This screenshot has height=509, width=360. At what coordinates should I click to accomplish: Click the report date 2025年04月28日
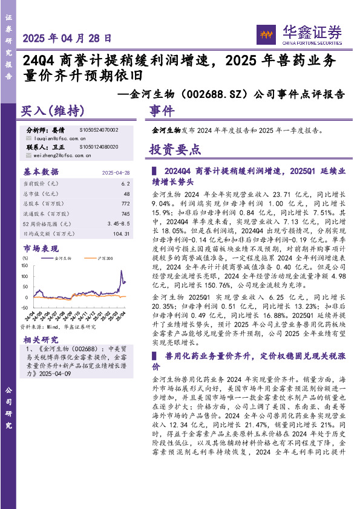pos(67,37)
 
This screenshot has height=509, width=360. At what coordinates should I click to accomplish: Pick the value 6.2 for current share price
pos(125,183)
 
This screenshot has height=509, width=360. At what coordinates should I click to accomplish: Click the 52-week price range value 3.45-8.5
pos(118,224)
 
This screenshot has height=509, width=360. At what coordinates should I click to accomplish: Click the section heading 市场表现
pos(41,248)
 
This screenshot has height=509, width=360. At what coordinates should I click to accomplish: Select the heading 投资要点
pos(175,150)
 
